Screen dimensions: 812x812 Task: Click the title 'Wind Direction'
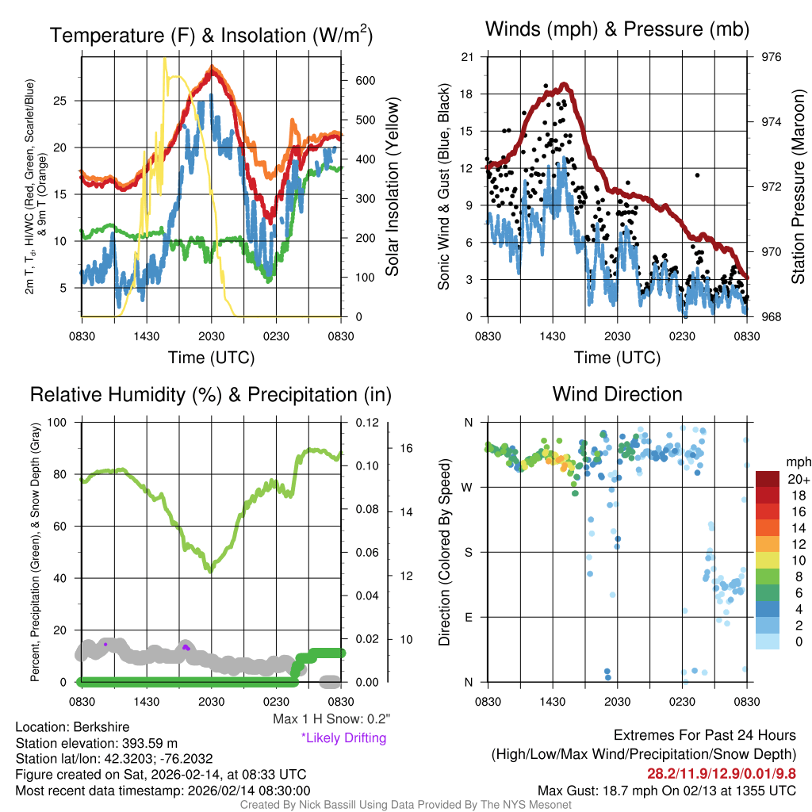pyautogui.click(x=617, y=394)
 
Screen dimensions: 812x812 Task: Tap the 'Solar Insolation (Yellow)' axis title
pyautogui.click(x=392, y=186)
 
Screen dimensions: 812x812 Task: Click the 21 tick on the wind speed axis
pyautogui.click(x=467, y=57)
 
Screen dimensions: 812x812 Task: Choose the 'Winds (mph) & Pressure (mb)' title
pyautogui.click(x=617, y=30)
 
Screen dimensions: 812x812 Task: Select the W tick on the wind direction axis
pyautogui.click(x=468, y=487)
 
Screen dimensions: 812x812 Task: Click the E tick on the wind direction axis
pyautogui.click(x=468, y=617)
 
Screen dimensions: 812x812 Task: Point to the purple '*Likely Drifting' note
pyautogui.click(x=343, y=737)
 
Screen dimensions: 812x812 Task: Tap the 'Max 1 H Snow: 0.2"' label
pyautogui.click(x=331, y=719)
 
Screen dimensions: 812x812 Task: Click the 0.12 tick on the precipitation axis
pyautogui.click(x=353, y=423)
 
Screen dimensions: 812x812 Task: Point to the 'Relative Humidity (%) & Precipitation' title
pyautogui.click(x=211, y=394)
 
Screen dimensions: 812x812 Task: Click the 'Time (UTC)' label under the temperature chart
pyautogui.click(x=211, y=358)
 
